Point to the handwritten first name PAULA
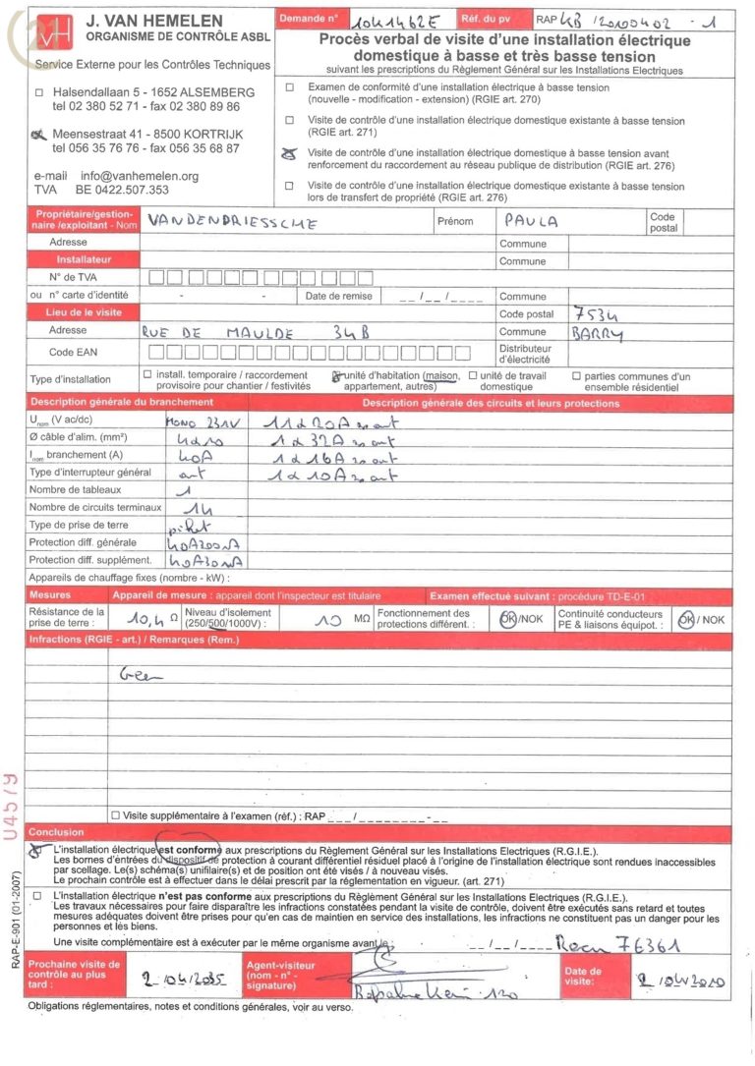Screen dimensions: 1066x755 (x=530, y=221)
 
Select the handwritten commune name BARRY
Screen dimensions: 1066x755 (x=597, y=334)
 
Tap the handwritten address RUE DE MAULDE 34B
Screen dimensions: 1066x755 (x=256, y=333)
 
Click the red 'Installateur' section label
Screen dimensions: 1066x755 (x=84, y=260)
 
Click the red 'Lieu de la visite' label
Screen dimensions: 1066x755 (x=84, y=312)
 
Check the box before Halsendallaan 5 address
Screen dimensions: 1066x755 (x=39, y=92)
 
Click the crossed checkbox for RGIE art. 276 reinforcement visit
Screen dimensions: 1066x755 (x=289, y=153)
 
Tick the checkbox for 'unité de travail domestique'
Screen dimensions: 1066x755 (x=473, y=375)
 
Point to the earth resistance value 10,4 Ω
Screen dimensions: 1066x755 (x=148, y=618)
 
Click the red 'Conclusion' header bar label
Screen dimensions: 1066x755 (x=57, y=832)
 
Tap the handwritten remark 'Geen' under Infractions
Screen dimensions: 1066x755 (x=141, y=675)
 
